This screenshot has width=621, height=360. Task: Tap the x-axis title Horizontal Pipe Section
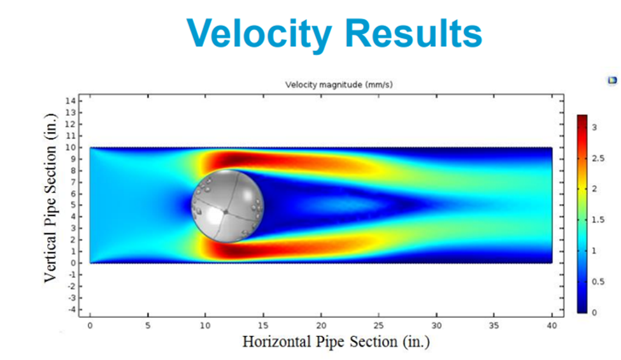tap(336, 342)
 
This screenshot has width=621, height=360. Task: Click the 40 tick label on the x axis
tap(552, 325)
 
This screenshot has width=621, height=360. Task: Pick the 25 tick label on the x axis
tap(378, 325)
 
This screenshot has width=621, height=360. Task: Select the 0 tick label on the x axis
tap(90, 325)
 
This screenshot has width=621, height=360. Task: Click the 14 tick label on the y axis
tap(71, 101)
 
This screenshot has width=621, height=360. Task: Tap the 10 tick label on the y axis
tap(71, 147)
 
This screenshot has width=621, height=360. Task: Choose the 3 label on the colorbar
tap(594, 127)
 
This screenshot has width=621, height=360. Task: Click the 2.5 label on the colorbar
tap(597, 158)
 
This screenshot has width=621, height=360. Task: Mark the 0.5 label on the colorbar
tap(597, 282)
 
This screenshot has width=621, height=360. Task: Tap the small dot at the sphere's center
tap(225, 212)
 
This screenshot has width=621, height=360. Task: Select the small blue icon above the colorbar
tap(613, 80)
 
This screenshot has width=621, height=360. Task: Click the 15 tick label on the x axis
tap(263, 325)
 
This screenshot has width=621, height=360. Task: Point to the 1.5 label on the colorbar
tap(597, 220)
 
